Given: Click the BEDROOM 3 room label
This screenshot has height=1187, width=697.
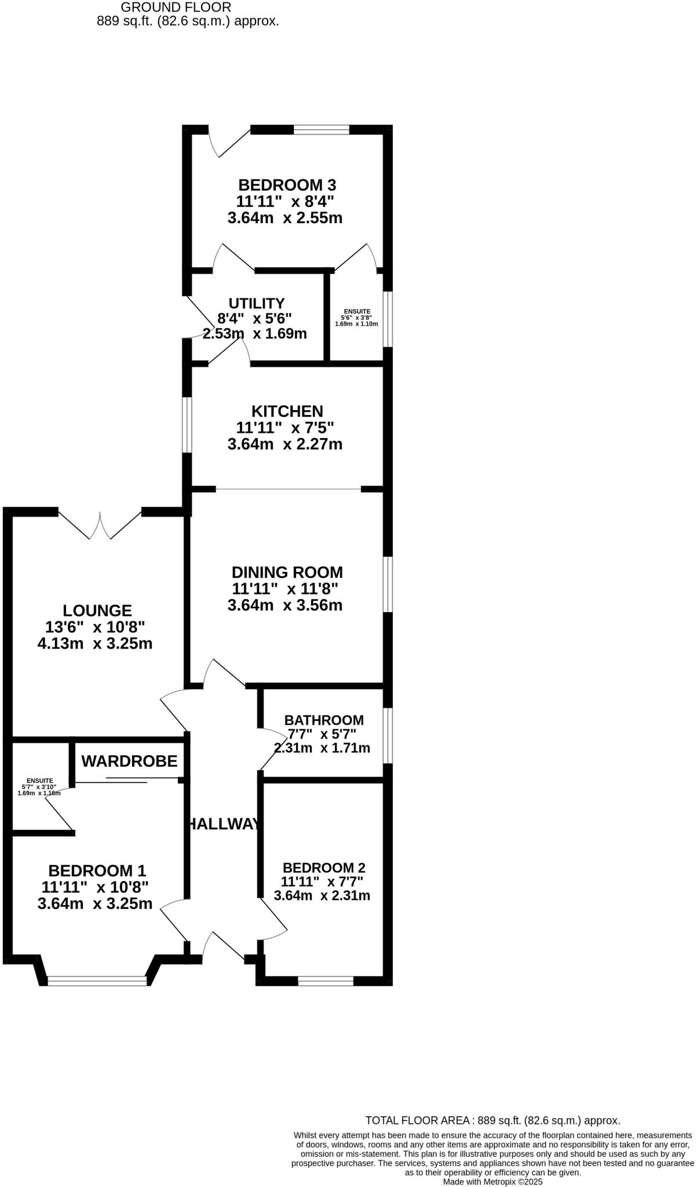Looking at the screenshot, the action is tap(287, 185).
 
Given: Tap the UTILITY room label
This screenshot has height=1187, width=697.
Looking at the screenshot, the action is tap(256, 304).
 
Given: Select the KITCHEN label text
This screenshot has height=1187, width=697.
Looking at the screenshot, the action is tap(287, 412).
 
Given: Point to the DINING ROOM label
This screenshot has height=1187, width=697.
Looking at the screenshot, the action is tap(287, 573).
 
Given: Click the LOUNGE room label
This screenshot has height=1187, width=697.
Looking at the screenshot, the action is tap(97, 611).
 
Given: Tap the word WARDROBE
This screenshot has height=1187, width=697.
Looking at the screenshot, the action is tap(129, 762).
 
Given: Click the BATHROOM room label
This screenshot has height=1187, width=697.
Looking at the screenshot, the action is tap(324, 720).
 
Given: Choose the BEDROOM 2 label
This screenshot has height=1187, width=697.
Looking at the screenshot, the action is tap(324, 868).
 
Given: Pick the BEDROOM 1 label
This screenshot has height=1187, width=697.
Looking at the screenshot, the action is tap(97, 871).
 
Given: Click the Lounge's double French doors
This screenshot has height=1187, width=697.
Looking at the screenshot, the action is tap(100, 525).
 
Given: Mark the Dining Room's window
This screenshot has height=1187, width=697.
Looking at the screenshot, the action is tap(388, 584).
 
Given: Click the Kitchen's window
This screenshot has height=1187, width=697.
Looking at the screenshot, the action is tap(187, 425).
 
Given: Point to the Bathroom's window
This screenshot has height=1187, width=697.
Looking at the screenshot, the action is tap(388, 735).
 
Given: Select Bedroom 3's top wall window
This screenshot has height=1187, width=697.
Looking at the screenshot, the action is tap(322, 129).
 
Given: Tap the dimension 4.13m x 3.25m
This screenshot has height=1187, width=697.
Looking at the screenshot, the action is tap(95, 643).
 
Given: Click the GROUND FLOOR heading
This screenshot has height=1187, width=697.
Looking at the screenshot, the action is tap(176, 8).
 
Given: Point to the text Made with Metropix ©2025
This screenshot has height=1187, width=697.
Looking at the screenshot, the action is tap(492, 1181).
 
